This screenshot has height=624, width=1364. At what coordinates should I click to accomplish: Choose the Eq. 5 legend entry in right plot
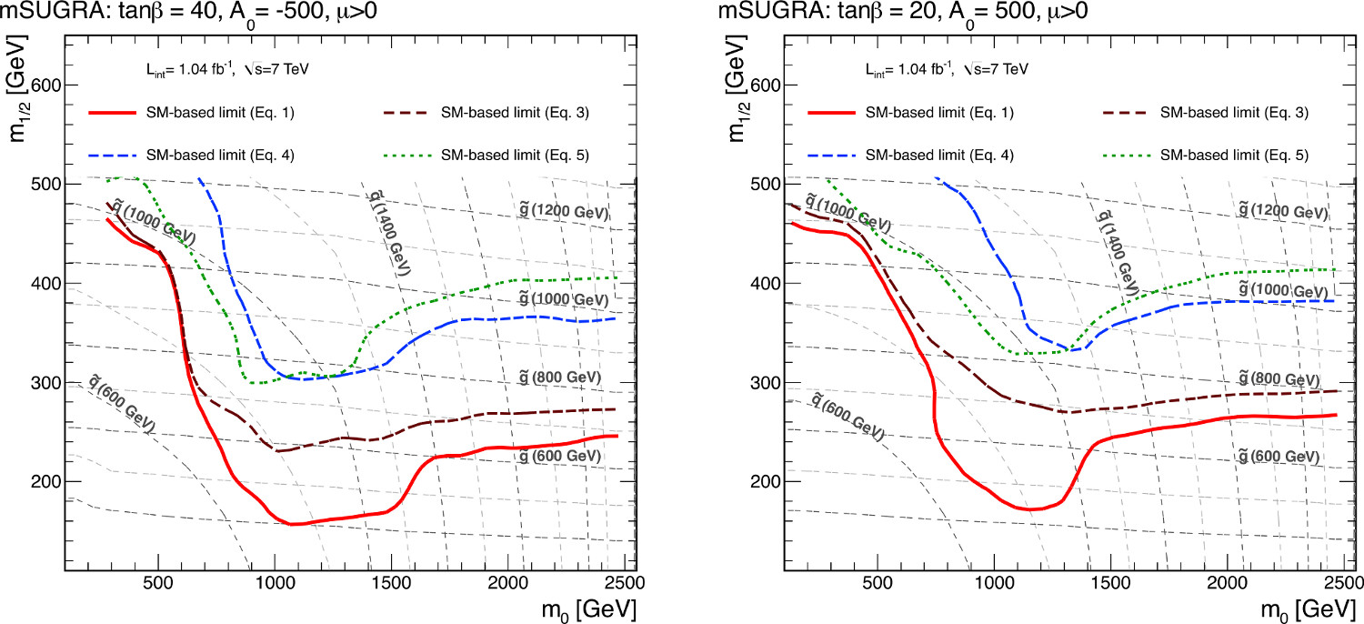click(x=1255, y=155)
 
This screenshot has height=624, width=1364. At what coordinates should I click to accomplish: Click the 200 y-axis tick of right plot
click(x=765, y=481)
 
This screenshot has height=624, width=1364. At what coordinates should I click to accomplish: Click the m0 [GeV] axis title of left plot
click(x=579, y=608)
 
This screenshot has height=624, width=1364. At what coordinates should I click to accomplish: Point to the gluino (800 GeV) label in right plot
click(x=1279, y=377)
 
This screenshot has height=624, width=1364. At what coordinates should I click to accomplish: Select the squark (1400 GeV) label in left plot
click(x=386, y=233)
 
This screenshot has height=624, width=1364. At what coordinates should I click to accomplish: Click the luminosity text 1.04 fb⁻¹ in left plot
click(x=182, y=69)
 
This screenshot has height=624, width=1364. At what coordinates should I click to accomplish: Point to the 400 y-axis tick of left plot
click(x=46, y=284)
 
